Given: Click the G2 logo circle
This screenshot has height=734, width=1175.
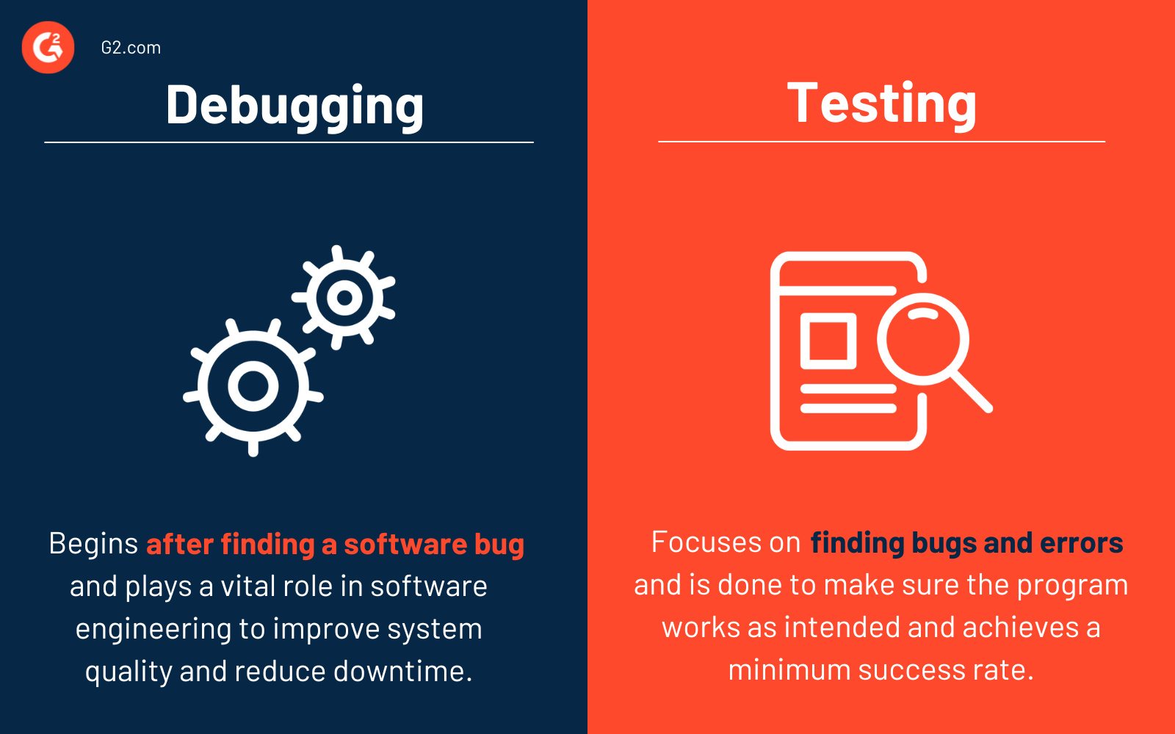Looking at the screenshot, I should [48, 48].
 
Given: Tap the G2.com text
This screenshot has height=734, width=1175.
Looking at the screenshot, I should [131, 48].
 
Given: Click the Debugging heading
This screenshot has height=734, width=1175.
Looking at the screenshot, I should [294, 106].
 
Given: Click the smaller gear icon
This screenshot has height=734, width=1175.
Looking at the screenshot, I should [344, 297].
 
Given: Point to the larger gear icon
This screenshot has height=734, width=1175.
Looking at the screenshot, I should [253, 386].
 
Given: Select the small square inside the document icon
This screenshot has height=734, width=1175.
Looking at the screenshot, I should [828, 341].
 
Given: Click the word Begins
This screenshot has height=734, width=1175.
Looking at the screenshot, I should [93, 544].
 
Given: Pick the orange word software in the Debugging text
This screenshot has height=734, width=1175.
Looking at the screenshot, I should [405, 545].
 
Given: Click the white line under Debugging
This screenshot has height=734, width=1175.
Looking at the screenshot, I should [289, 142].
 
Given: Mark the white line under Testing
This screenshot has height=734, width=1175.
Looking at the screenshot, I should [881, 142].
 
